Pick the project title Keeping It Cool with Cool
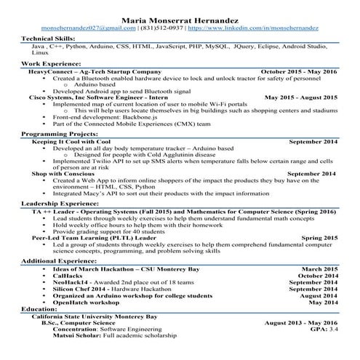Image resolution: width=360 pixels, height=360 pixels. click(71, 142)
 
